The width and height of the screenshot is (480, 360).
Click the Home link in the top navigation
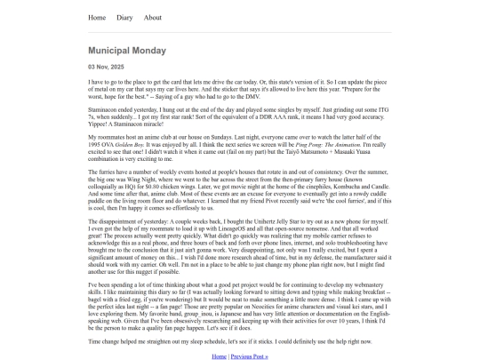pyautogui.click(x=97, y=17)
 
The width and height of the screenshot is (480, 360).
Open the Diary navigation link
pyautogui.click(x=124, y=17)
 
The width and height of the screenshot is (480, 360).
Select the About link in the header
pyautogui.click(x=153, y=17)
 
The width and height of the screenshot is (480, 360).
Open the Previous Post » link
pyautogui.click(x=249, y=356)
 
